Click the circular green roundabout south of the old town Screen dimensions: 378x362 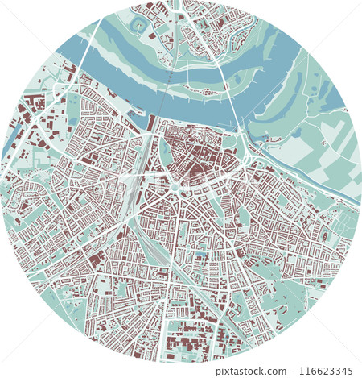click(x=174, y=189)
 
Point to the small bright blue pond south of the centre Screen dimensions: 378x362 click(x=201, y=255)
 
